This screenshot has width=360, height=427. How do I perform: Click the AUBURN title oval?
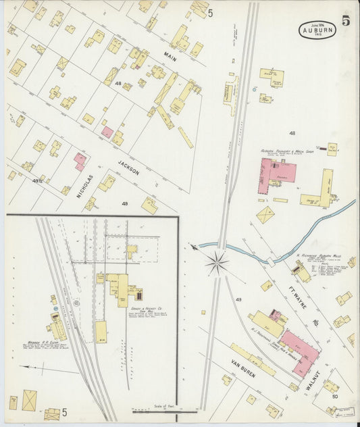(x=317, y=30)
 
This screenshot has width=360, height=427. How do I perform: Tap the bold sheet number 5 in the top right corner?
(x=345, y=21)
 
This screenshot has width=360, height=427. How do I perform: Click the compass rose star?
(x=217, y=263)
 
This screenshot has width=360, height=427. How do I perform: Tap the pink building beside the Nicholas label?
(x=80, y=161)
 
